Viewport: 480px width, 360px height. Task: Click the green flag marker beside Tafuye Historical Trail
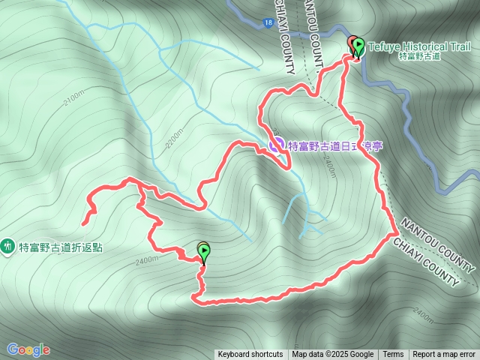click(x=358, y=46)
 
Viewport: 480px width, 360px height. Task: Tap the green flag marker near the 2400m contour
click(x=203, y=251)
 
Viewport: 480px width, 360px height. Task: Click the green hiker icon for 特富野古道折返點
click(x=8, y=245)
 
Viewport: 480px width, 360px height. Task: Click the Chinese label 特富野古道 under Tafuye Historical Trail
click(x=419, y=56)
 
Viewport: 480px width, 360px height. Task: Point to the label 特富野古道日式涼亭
click(x=335, y=145)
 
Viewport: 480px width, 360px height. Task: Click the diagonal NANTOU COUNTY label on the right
click(x=439, y=247)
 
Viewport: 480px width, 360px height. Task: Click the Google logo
click(x=28, y=349)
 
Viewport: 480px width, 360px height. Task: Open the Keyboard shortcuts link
click(x=250, y=355)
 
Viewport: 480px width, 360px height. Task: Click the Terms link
click(x=393, y=355)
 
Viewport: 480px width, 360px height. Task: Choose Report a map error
click(x=445, y=355)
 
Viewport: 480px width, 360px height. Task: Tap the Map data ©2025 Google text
click(x=333, y=355)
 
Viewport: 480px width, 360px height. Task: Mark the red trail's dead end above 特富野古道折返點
click(x=82, y=223)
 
